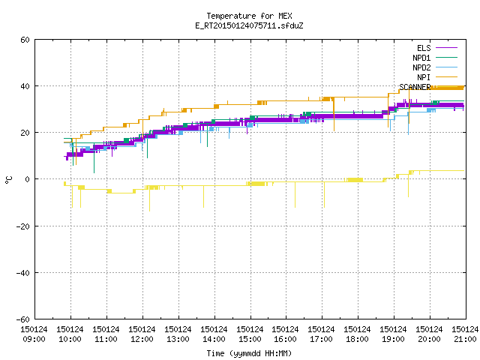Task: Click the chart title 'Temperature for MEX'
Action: (249, 16)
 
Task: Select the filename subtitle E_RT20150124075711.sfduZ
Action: (249, 25)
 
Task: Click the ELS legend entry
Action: (424, 48)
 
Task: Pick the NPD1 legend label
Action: (421, 58)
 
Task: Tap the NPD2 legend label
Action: (421, 67)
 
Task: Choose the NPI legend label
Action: (424, 77)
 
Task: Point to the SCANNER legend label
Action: (415, 87)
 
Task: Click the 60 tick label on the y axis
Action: (25, 40)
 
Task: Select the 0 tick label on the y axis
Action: (27, 179)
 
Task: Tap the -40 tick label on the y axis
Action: (23, 273)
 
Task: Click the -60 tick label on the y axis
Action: (23, 319)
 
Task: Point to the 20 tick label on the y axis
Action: (25, 133)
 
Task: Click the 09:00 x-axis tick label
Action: (34, 339)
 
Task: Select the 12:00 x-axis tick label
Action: (142, 339)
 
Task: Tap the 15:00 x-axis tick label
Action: (250, 339)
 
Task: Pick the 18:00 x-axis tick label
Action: (357, 339)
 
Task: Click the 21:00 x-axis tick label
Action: (465, 339)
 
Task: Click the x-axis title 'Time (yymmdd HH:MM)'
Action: (249, 353)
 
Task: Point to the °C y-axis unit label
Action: (8, 180)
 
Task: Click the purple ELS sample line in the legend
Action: (447, 48)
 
